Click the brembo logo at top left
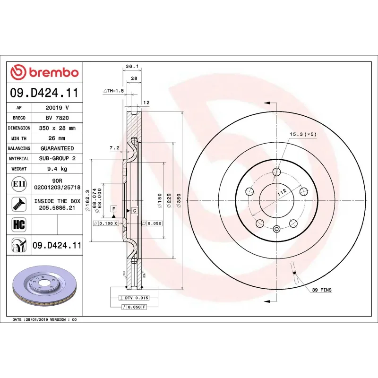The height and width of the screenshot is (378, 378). (x=44, y=72)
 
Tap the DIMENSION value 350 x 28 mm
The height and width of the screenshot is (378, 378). (x=57, y=128)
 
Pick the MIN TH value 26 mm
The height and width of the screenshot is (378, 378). (x=57, y=138)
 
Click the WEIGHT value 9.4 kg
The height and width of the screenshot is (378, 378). (x=57, y=169)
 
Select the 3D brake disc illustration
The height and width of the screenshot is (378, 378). (x=44, y=288)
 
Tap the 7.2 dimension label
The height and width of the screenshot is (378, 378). (x=114, y=148)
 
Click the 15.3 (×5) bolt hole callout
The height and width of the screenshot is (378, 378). (x=302, y=134)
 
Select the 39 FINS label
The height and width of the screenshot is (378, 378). (x=321, y=289)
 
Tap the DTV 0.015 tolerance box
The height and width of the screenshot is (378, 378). (x=137, y=298)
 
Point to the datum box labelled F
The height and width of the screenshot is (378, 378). (x=114, y=208)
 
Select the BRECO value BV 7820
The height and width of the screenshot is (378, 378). (x=57, y=118)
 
